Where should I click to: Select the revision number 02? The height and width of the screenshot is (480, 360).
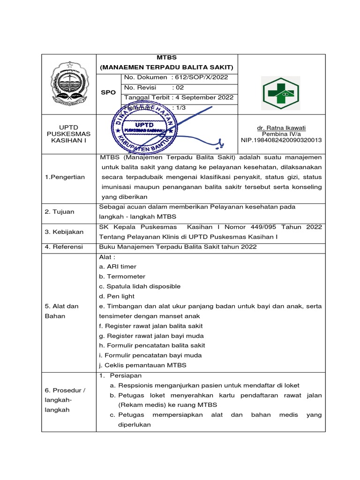tap(180, 87)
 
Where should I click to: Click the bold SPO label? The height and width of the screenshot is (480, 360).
tap(108, 92)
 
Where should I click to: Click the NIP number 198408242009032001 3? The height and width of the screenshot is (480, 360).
tap(281, 140)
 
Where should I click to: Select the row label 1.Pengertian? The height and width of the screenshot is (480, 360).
tap(65, 177)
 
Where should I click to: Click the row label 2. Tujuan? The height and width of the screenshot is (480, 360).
tap(60, 211)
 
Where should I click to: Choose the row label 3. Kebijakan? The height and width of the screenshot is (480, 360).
tap(64, 232)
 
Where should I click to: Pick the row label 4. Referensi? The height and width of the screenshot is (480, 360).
tap(64, 247)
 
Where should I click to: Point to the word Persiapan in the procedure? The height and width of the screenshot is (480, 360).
tap(126, 375)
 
